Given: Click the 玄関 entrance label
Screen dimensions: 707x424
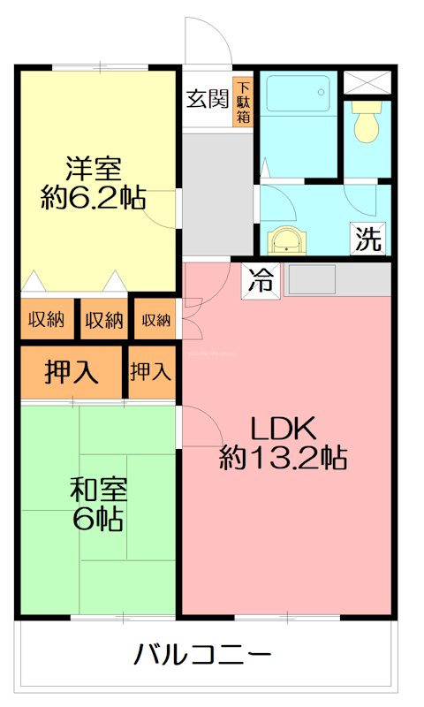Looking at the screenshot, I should (x=207, y=98).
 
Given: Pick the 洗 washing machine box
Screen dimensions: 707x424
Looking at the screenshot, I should (x=368, y=237).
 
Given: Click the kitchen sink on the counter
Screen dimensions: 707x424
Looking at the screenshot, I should (x=311, y=278).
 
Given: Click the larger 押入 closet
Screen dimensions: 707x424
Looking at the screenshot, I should (x=72, y=372).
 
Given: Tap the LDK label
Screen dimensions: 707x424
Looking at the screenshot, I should (x=282, y=428).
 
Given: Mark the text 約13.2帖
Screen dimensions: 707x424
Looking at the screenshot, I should (x=282, y=458).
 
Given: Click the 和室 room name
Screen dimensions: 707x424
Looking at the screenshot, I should (x=97, y=488).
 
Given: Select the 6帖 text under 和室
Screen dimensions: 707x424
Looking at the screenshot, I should (x=97, y=519).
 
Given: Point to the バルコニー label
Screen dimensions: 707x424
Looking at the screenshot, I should (x=202, y=656).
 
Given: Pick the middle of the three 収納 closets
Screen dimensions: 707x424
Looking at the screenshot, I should (x=103, y=321).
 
